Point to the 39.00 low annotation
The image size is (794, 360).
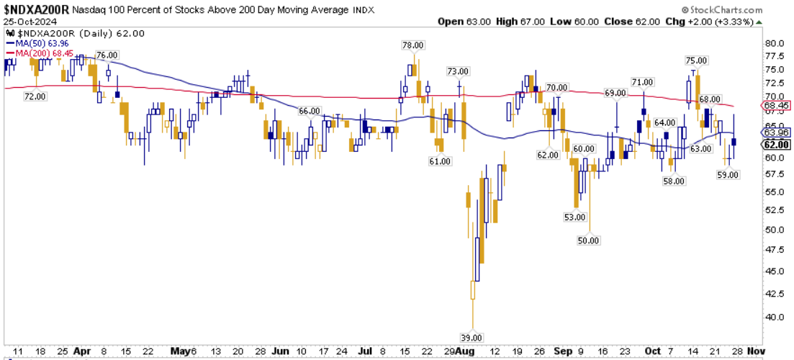click(x=472, y=337)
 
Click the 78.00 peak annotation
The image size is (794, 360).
click(x=412, y=45)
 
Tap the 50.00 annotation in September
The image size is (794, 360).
click(x=588, y=240)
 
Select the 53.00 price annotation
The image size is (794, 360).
click(x=574, y=217)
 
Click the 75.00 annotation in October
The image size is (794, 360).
click(x=695, y=60)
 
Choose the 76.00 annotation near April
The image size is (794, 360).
click(x=107, y=55)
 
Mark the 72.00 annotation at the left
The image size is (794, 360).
click(x=35, y=96)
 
